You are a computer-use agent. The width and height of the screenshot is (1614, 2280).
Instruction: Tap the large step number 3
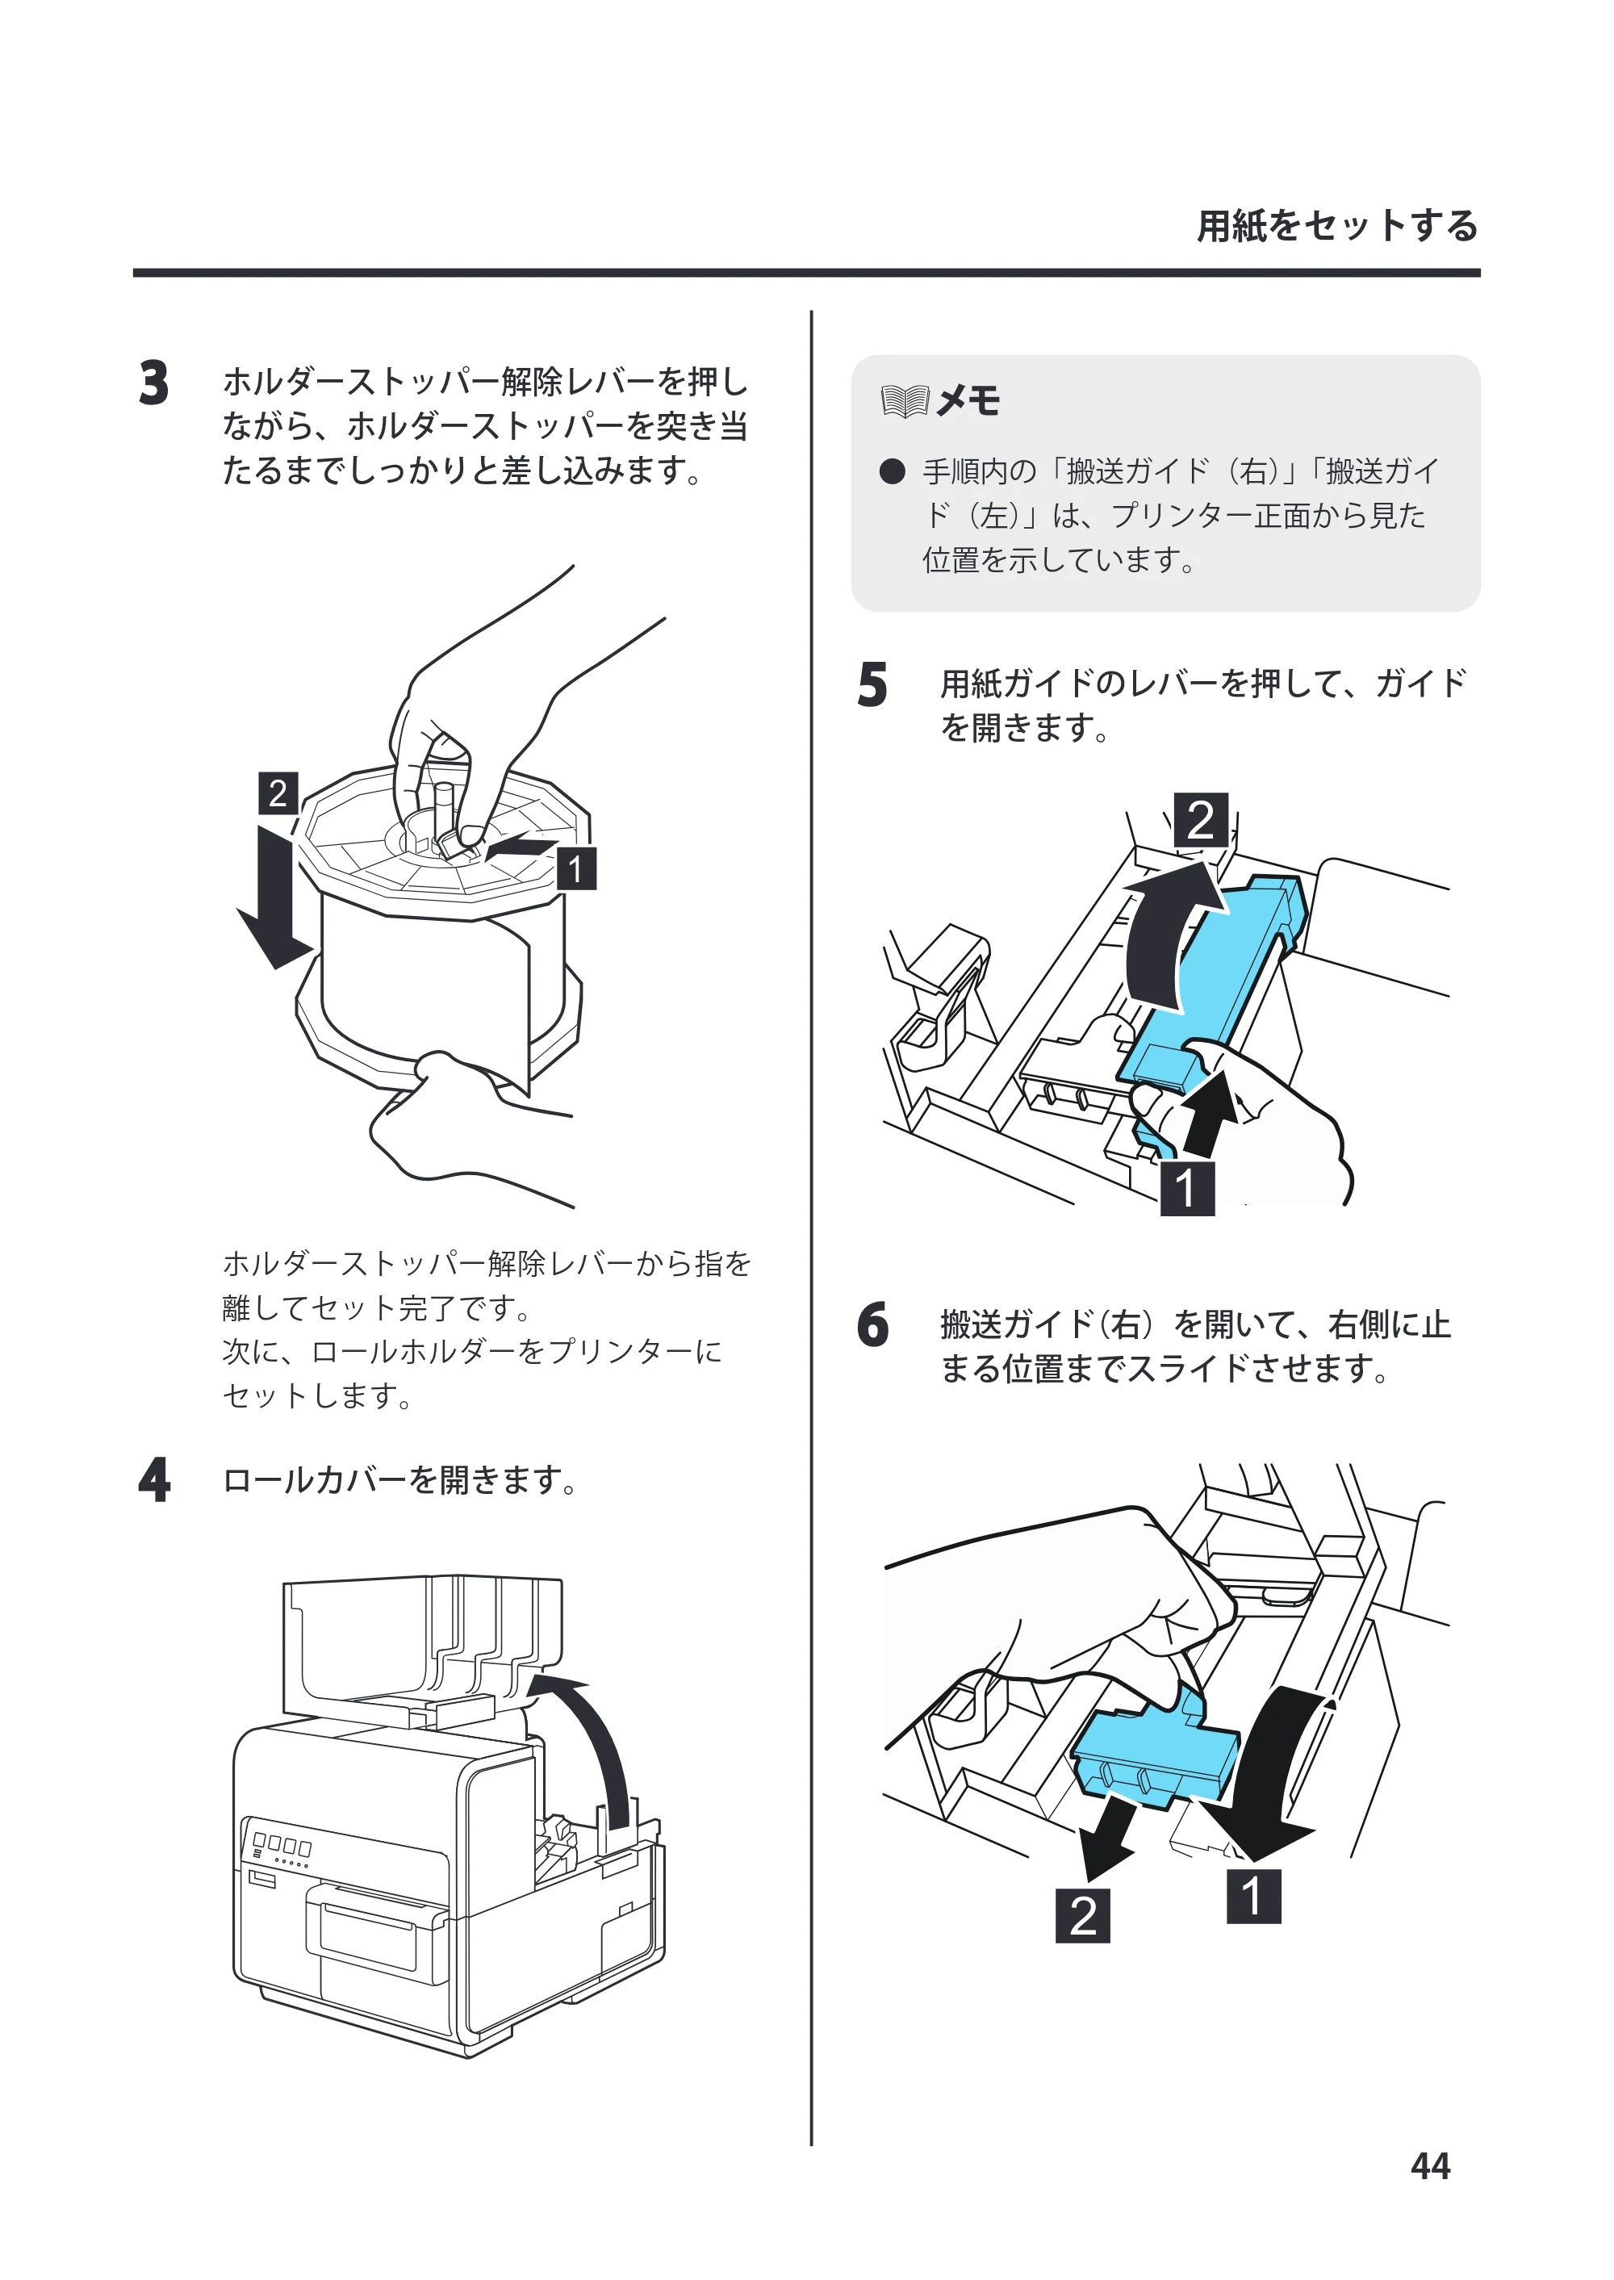154,383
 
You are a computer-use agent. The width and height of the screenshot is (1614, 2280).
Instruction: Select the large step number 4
154,1480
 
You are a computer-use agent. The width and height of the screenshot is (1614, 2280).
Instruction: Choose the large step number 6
872,1325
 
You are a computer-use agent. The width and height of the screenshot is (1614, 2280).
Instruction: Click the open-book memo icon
905,402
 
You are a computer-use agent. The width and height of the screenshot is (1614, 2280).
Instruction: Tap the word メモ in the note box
968,402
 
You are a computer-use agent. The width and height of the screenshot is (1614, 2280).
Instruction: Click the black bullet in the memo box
893,471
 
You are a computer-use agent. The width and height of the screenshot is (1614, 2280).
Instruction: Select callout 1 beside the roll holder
575,868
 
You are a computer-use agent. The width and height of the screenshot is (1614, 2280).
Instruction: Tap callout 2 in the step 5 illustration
1201,820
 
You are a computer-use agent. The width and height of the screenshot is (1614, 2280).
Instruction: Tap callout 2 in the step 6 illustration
1082,1916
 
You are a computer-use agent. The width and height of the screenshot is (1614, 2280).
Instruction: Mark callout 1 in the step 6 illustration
1253,1897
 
